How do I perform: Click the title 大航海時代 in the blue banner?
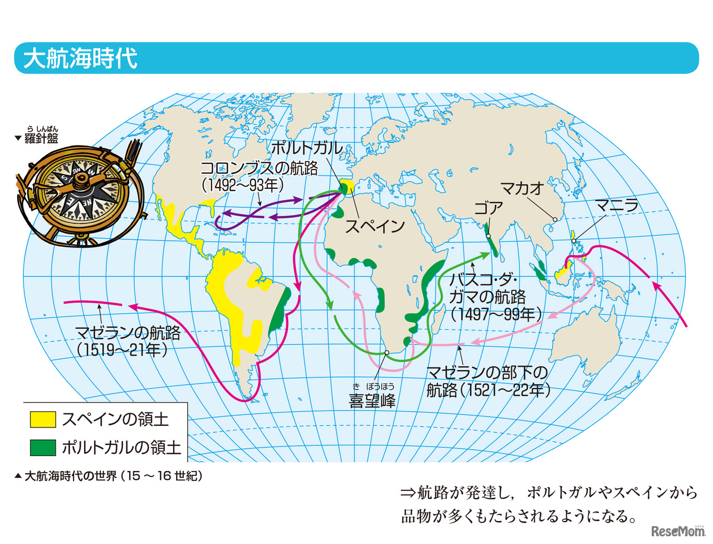80,59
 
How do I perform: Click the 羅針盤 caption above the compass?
41,138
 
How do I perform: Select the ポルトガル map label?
306,148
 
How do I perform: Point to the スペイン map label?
374,226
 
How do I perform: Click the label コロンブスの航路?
259,168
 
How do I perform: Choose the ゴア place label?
489,209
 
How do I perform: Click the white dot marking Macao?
555,219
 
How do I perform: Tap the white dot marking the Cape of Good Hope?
387,353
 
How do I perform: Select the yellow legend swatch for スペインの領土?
43,419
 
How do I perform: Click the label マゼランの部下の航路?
487,372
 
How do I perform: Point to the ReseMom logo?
677,530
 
